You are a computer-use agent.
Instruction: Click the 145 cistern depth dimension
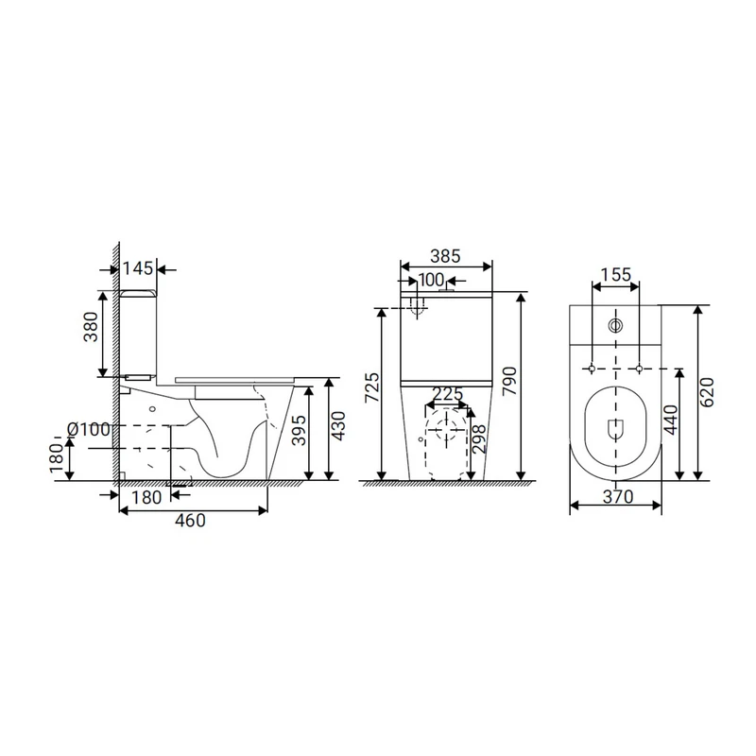coord(137,268)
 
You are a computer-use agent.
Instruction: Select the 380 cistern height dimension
coord(91,327)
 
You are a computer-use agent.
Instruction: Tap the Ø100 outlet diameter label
coord(88,429)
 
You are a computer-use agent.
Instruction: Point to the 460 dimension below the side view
coord(190,521)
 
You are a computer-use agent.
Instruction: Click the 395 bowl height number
coord(299,431)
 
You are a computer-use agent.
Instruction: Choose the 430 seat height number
coord(338,426)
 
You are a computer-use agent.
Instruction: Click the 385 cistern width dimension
coord(445,256)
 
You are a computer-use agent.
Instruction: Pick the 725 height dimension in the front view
coord(372,387)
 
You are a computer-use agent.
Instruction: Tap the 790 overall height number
coord(509,382)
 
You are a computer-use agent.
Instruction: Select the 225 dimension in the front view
coord(448,394)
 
